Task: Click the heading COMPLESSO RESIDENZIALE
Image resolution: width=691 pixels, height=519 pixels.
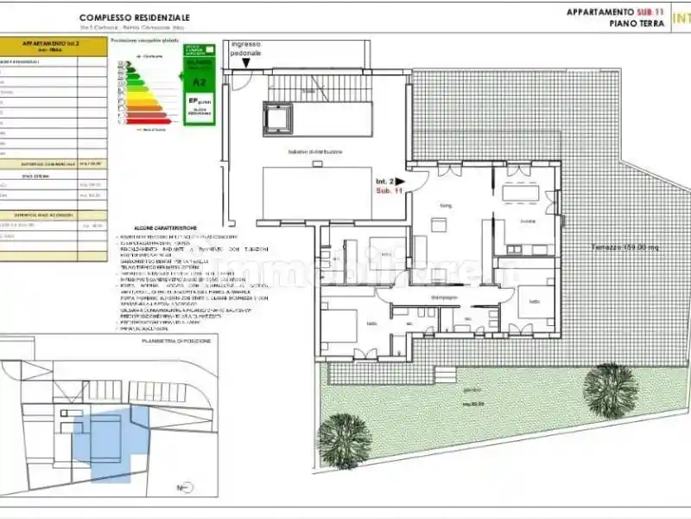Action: coord(136,17)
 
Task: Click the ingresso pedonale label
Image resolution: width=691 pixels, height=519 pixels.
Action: coord(244,49)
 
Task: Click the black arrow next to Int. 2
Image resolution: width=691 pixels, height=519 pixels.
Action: coord(399,182)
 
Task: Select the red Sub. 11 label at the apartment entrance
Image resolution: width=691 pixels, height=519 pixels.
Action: coord(389,192)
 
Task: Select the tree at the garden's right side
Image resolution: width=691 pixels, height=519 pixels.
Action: coord(611,387)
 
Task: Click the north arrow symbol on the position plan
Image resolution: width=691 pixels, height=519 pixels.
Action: coord(182,488)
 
